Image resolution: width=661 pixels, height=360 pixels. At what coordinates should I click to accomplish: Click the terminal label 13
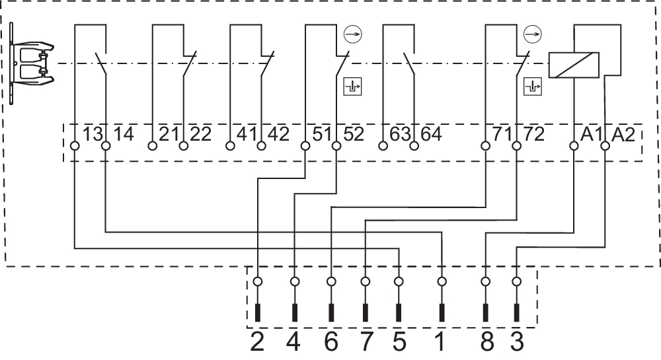click(x=93, y=134)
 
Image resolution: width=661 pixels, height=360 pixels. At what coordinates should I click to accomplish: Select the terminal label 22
click(x=200, y=134)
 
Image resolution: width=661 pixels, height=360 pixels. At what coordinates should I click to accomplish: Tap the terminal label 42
click(x=278, y=134)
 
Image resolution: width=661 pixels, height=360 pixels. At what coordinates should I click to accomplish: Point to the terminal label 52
click(x=354, y=134)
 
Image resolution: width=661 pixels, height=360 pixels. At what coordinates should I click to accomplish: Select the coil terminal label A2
click(x=624, y=134)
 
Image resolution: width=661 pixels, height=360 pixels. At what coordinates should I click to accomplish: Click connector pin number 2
click(x=257, y=342)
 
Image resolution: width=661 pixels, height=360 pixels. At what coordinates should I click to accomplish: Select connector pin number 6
click(x=330, y=342)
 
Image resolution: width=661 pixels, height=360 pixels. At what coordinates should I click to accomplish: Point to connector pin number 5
click(x=399, y=342)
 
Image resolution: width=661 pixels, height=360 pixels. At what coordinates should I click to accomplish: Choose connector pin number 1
click(x=442, y=342)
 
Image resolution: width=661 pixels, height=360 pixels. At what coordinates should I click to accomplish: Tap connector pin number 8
click(x=486, y=342)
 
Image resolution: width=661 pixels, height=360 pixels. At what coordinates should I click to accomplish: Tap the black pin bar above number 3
click(x=517, y=312)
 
